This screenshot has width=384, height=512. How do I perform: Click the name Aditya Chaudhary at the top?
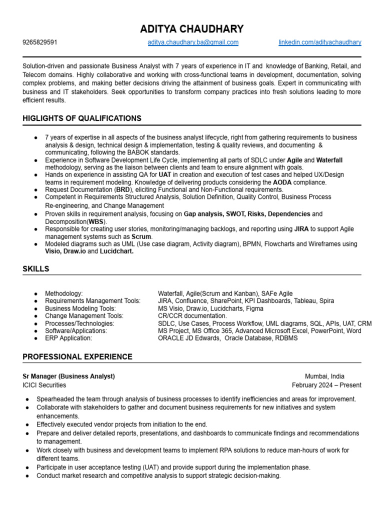click(x=192, y=29)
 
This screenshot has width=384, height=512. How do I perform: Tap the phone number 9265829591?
click(x=40, y=42)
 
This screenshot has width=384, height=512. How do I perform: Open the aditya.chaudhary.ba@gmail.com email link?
click(x=193, y=42)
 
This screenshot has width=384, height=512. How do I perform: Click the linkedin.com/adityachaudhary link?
click(x=320, y=42)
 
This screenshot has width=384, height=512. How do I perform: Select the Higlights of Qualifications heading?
click(x=82, y=118)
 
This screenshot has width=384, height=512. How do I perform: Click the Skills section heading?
click(x=36, y=269)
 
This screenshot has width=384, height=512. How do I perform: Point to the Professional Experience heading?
click(x=77, y=357)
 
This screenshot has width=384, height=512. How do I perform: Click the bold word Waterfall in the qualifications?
click(x=329, y=160)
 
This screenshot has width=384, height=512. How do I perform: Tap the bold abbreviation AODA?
click(x=282, y=183)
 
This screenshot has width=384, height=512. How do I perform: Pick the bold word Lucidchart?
click(x=116, y=251)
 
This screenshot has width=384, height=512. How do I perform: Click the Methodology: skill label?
click(x=64, y=293)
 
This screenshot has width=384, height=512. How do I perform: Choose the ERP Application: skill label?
click(x=68, y=338)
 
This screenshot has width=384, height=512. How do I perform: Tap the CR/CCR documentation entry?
click(x=192, y=316)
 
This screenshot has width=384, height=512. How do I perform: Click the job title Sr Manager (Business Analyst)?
click(x=68, y=376)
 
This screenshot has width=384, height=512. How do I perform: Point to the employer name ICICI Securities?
click(x=44, y=385)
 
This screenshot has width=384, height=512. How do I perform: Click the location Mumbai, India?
click(x=324, y=376)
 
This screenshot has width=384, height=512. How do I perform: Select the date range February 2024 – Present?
click(x=326, y=385)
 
